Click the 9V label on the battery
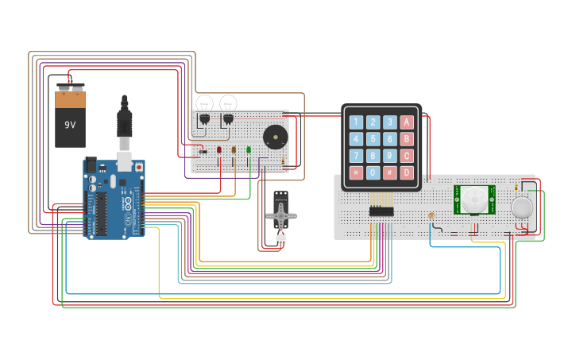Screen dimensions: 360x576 70,125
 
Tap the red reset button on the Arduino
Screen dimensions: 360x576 139,167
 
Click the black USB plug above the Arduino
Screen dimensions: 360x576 124,122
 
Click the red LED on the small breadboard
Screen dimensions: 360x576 219,149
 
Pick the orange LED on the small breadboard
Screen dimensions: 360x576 234,149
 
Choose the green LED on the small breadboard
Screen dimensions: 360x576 249,149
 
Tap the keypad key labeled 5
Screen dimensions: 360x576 373,139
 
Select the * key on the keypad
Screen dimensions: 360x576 356,172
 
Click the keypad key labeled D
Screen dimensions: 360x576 407,172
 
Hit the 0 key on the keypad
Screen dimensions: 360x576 373,172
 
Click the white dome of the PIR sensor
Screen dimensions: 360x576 474,199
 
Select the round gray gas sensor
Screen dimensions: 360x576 522,207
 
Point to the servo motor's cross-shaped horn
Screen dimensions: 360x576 280,215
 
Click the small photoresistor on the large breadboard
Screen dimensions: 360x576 431,216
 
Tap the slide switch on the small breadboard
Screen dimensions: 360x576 203,151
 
